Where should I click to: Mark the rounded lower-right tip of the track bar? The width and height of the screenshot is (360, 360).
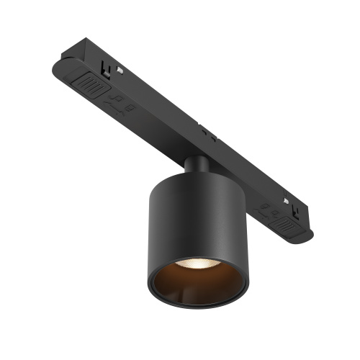pyautogui.click(x=308, y=236)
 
